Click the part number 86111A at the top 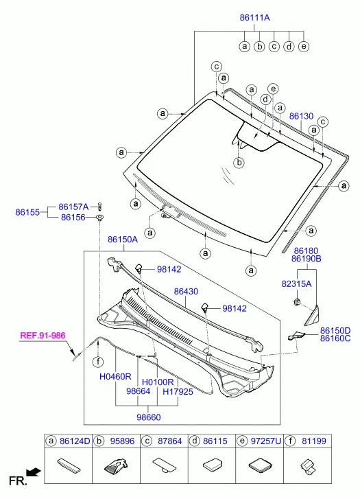[x=254, y=17]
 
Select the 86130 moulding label [x=301, y=116]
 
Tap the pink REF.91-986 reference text [x=43, y=336]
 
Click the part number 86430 [x=186, y=291]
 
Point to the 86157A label [x=73, y=207]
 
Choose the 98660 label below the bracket [x=149, y=417]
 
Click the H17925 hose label [x=178, y=391]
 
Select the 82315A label [x=296, y=283]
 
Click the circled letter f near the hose [x=98, y=362]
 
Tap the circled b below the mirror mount [x=239, y=163]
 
